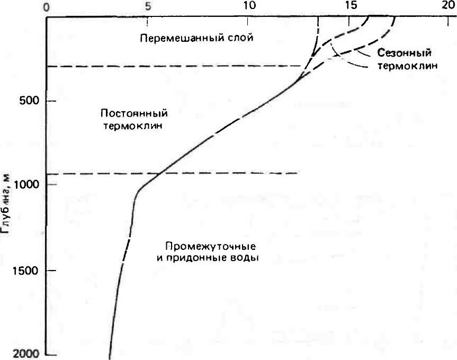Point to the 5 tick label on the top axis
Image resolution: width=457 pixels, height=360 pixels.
pyautogui.click(x=148, y=6)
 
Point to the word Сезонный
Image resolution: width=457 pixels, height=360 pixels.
pyautogui.click(x=405, y=53)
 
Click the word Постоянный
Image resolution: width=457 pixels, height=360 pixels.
pyautogui.click(x=134, y=113)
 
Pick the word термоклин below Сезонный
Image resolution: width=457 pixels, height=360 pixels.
pyautogui.click(x=408, y=66)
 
